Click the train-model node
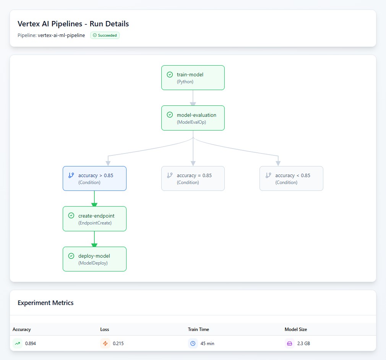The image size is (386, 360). click(193, 78)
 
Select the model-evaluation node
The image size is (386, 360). click(193, 118)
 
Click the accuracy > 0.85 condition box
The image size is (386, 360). click(94, 178)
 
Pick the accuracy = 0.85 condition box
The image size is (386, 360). click(193, 178)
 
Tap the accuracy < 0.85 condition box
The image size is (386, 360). click(291, 178)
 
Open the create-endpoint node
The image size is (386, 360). click(94, 219)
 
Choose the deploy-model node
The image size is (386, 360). click(94, 259)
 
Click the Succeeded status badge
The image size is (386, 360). click(105, 36)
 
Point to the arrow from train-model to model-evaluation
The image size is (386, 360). click(193, 98)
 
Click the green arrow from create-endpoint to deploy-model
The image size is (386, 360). click(94, 239)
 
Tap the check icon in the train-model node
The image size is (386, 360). click(170, 74)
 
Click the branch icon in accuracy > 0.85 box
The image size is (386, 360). click(71, 175)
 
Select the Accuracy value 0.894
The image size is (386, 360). click(31, 344)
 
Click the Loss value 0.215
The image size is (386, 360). click(118, 344)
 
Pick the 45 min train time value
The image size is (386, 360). click(207, 344)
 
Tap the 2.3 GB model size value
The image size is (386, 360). click(303, 344)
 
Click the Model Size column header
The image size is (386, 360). click(295, 329)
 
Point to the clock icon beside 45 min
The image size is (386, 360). click(193, 344)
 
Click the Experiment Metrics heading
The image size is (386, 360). click(45, 303)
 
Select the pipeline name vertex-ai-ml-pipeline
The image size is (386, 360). click(61, 36)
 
